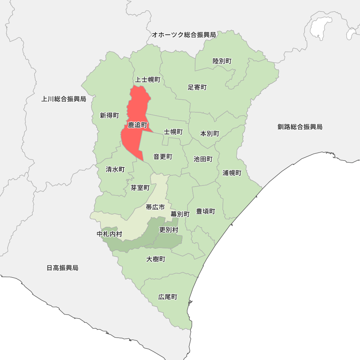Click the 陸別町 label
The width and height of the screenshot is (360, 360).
click(x=222, y=61)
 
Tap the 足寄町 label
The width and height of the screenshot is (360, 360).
click(x=197, y=87)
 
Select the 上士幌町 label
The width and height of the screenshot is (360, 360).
click(x=148, y=80)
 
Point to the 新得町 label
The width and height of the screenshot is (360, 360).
click(x=109, y=116)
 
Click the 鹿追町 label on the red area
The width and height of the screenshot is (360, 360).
click(x=138, y=125)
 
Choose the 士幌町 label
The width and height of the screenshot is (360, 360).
click(x=174, y=132)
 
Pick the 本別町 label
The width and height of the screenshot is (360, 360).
click(x=210, y=134)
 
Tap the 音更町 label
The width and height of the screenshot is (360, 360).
click(x=163, y=157)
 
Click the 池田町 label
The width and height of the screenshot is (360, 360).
click(x=203, y=159)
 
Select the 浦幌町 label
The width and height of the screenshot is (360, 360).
click(x=232, y=173)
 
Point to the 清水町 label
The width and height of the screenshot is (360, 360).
click(x=115, y=169)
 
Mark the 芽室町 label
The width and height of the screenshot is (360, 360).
click(x=140, y=188)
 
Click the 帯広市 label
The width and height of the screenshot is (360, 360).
click(x=155, y=207)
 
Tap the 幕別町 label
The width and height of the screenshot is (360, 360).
click(x=180, y=214)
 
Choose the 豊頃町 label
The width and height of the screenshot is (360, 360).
click(x=206, y=211)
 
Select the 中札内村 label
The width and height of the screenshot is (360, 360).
click(x=109, y=234)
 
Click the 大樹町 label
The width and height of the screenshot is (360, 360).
click(x=156, y=259)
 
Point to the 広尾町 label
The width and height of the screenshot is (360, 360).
click(x=168, y=297)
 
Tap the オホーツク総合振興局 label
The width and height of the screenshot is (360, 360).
click(x=184, y=35)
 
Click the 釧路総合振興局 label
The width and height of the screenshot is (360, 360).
click(x=300, y=127)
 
